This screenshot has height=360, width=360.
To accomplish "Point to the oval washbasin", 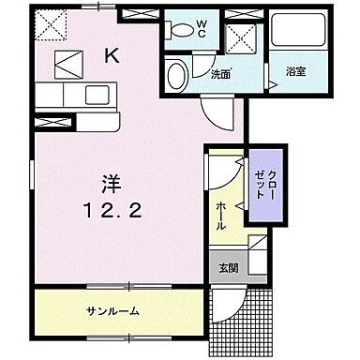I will (174, 74).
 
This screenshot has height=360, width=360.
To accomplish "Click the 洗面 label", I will (220, 73).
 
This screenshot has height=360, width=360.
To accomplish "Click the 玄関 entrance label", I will (226, 269).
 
